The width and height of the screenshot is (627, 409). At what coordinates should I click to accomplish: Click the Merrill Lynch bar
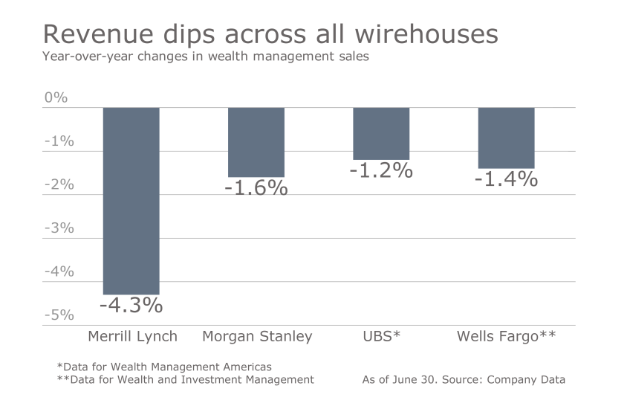pos(131,201)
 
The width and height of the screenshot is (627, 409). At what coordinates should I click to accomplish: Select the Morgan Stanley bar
pos(256,142)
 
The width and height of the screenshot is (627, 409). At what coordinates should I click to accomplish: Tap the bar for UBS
pos(381,134)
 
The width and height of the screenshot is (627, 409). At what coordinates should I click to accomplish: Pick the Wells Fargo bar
pos(506,138)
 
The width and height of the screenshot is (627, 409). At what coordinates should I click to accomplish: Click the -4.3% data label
pos(131,306)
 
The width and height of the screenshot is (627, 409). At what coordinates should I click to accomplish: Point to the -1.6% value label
pos(256,188)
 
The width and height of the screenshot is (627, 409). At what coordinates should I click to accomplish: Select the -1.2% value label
pos(381,170)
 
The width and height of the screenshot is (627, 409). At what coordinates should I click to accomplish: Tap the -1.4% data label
pos(506,178)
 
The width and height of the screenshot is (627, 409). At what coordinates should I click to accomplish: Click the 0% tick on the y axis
pos(56,97)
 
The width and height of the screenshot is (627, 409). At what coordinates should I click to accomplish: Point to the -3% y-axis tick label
pos(59,228)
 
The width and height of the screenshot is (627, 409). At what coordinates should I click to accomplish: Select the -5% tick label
pos(59,315)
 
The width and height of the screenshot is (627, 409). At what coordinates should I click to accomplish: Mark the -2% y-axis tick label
pos(59,184)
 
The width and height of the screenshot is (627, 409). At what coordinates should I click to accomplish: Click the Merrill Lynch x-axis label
pos(132,336)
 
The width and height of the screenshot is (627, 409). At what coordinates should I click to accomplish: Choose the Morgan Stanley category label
pos(257,336)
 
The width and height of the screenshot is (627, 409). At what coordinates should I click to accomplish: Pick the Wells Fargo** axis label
pos(506,336)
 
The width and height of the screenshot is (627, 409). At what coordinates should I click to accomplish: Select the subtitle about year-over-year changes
pos(205,57)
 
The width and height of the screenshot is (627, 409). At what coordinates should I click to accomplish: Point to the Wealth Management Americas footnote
pos(164,366)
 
